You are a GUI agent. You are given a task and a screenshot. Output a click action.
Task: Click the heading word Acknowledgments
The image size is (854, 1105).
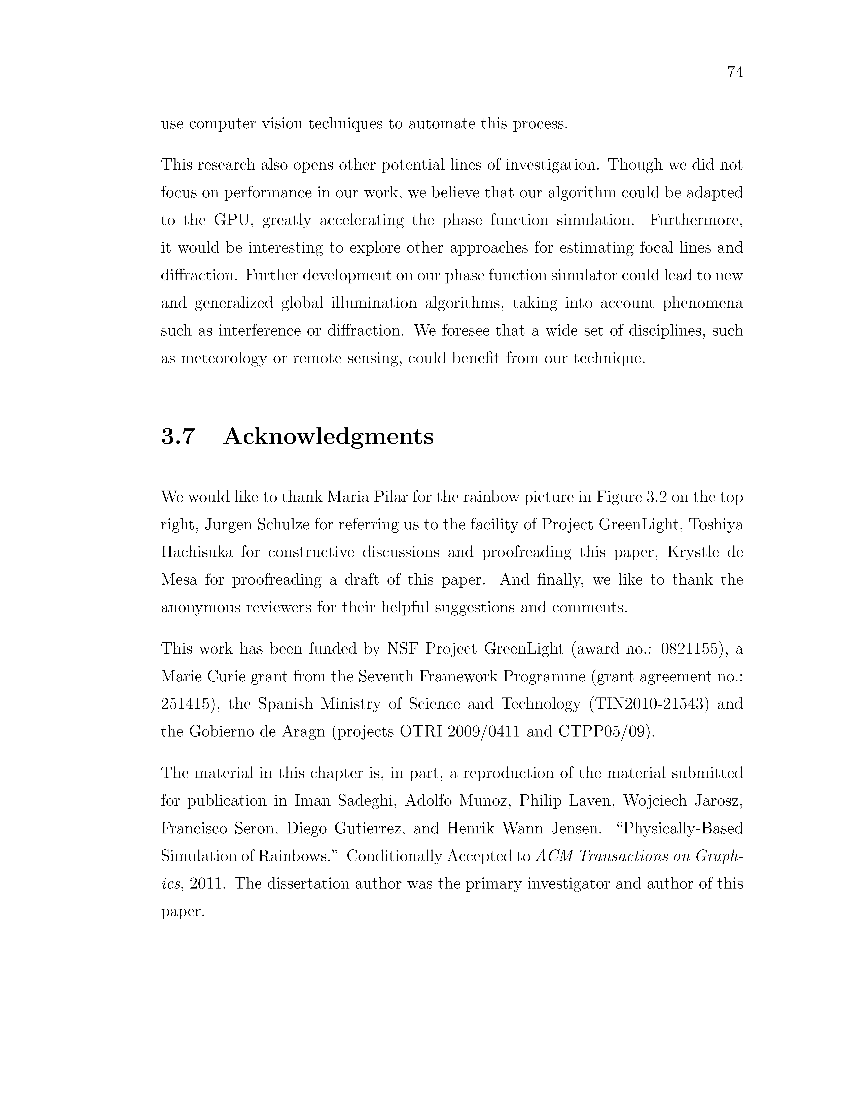pos(328,436)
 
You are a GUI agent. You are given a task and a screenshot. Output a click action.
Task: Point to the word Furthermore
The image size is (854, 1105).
pos(696,221)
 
